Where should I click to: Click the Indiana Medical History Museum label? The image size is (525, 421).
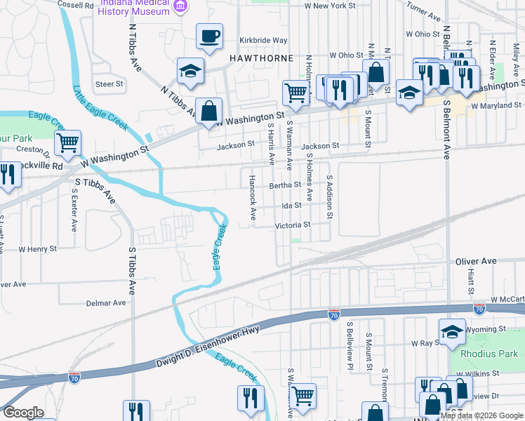135,8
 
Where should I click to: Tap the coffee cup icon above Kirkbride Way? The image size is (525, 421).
209,37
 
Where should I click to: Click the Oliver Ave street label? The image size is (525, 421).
476,261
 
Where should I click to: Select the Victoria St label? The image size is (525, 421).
293,225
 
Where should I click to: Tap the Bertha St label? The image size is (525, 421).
285,186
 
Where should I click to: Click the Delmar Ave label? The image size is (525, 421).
105,303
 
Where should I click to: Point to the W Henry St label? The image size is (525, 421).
37,248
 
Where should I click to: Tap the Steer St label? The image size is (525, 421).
109,84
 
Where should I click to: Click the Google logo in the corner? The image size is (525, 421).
22,413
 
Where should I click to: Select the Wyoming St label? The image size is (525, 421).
486,328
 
